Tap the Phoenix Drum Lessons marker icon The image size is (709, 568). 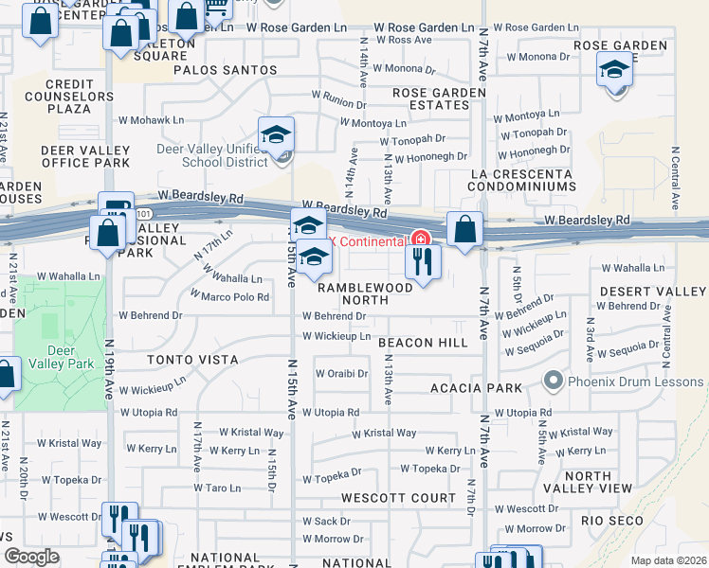click(554, 382)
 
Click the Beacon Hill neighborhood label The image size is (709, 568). click(424, 342)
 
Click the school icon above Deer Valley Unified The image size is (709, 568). click(276, 135)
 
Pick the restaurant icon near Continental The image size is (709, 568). click(423, 259)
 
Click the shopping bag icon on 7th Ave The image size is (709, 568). click(464, 229)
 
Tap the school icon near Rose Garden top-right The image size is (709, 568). click(614, 70)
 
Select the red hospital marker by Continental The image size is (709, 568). click(420, 240)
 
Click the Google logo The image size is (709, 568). click(32, 557)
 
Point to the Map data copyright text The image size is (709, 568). click(668, 560)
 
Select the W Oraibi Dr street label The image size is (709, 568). click(341, 373)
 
